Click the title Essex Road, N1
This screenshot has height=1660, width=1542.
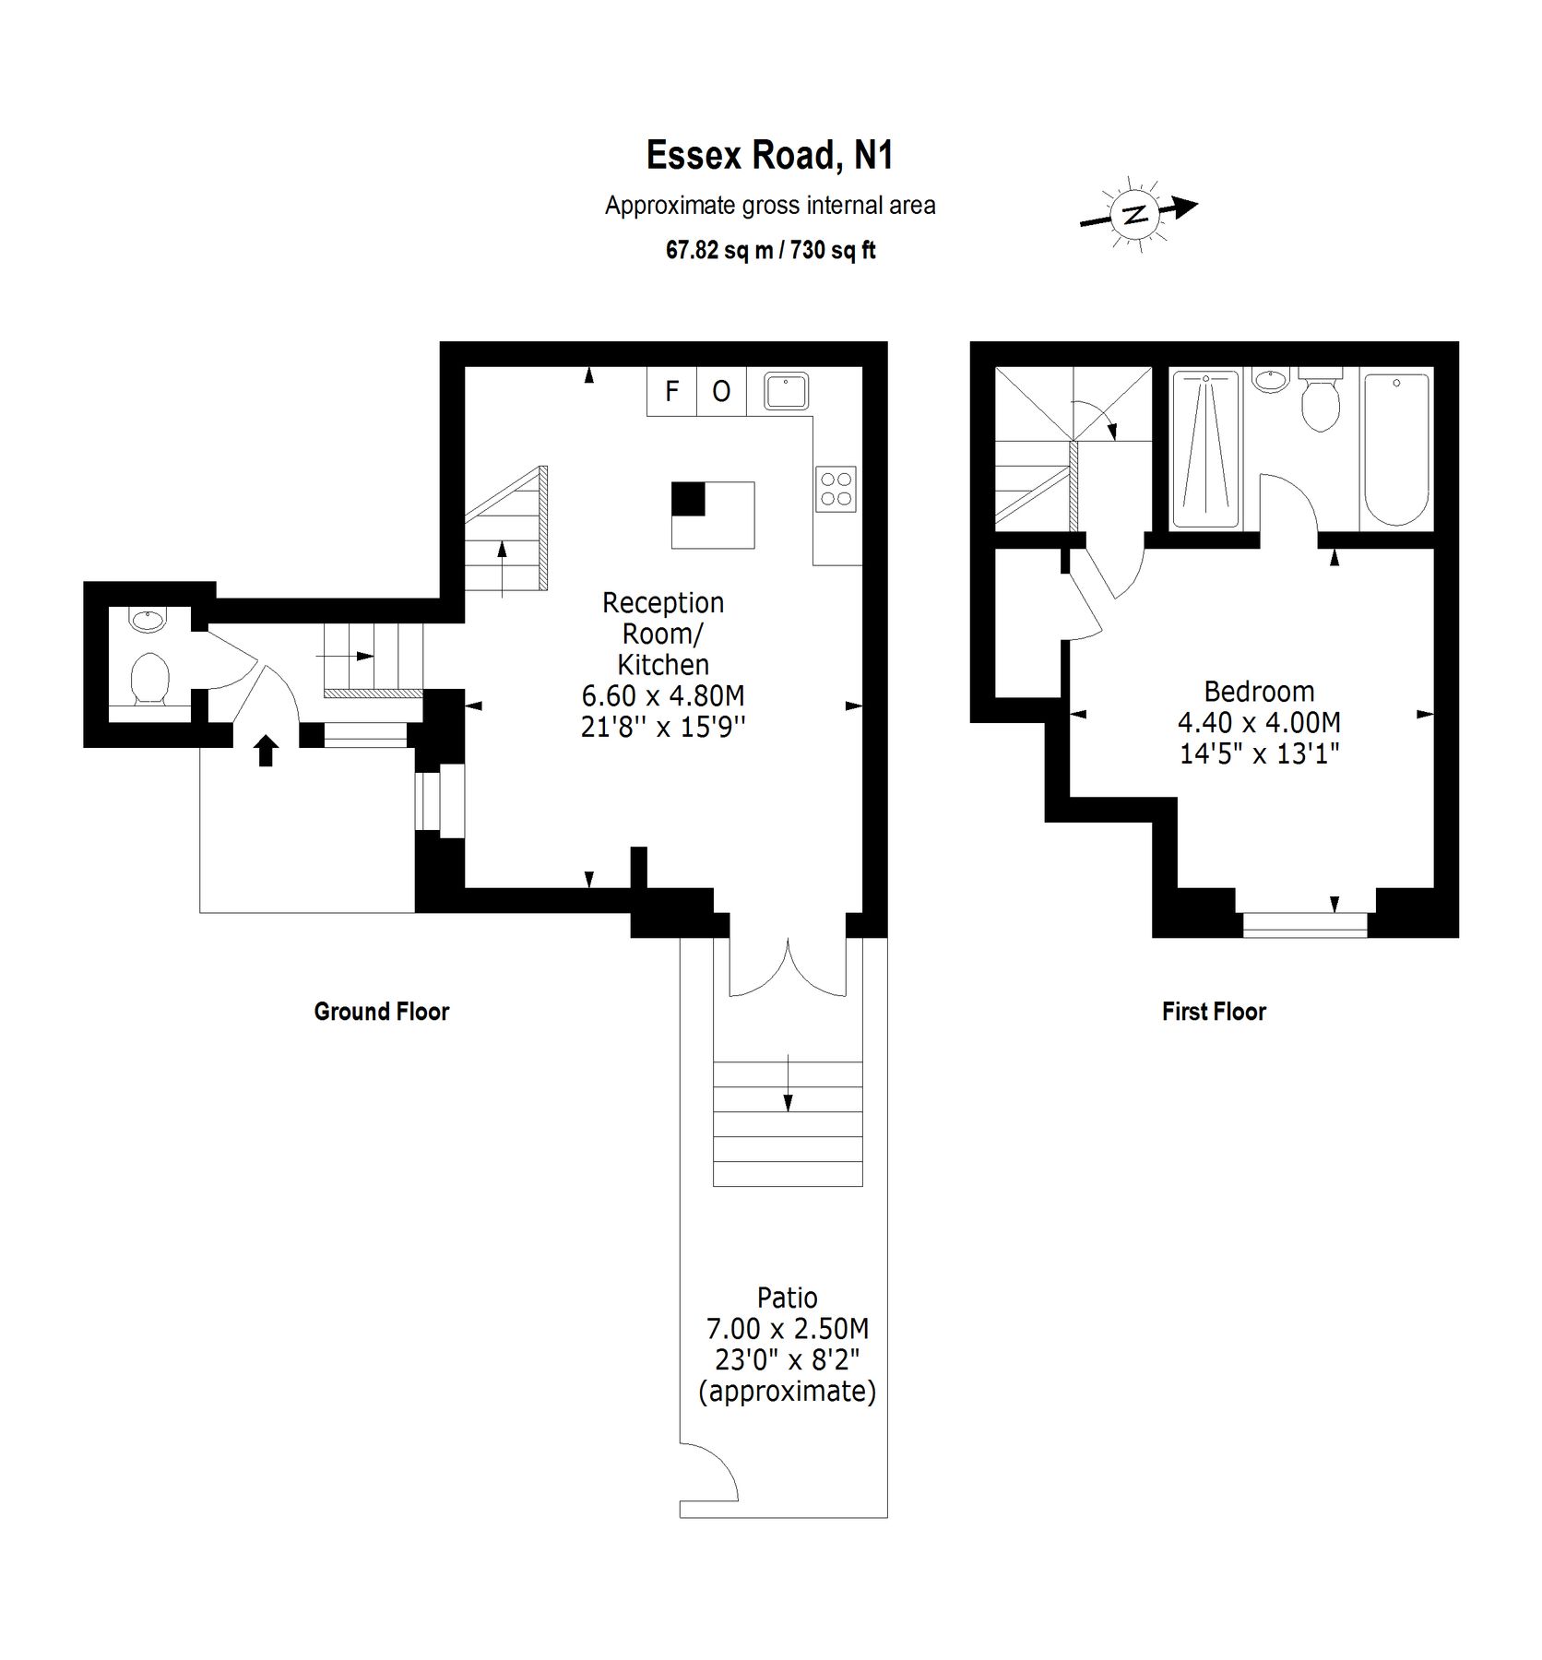point(769,155)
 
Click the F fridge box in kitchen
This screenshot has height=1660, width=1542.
point(671,391)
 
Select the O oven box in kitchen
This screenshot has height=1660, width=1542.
point(721,391)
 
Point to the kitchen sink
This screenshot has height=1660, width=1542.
point(786,391)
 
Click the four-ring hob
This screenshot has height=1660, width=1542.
point(836,489)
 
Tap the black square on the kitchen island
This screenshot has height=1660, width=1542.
point(687,498)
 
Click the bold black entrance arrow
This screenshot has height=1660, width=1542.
point(266,751)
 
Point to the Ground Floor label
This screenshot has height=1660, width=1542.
point(381,1012)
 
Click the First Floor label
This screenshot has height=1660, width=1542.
point(1214,1012)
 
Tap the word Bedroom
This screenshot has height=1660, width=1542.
point(1259,691)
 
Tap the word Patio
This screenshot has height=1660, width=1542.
point(787,1298)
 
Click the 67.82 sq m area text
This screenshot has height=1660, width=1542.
point(719,250)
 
